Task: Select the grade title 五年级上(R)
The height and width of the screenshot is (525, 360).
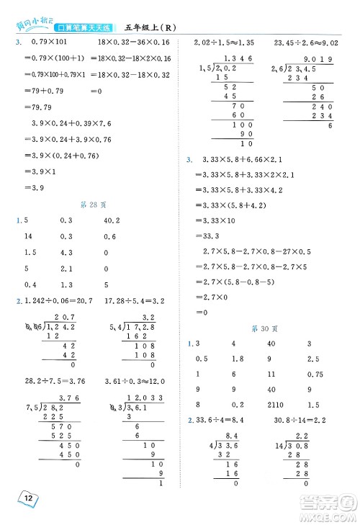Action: [x=157, y=28]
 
